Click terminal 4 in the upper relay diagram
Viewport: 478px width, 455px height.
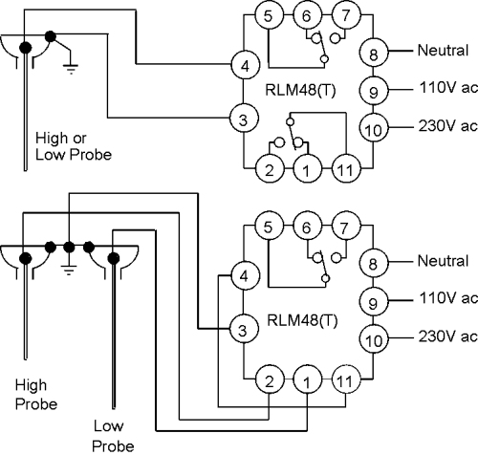point(245,65)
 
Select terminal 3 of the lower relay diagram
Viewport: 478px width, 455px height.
point(244,329)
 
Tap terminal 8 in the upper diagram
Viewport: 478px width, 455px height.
point(374,53)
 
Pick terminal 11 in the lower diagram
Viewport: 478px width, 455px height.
point(346,379)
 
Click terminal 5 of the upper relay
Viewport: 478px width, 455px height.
point(269,14)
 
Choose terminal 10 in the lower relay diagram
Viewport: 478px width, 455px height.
point(374,339)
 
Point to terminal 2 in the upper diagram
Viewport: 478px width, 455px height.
point(270,168)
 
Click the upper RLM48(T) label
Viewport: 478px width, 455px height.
point(300,90)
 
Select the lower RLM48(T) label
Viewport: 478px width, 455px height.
point(302,320)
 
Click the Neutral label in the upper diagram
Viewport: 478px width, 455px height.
point(443,51)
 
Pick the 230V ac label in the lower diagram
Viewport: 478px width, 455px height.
point(448,336)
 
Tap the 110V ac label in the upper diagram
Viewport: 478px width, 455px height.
point(448,87)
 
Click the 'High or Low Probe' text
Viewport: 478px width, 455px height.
point(74,146)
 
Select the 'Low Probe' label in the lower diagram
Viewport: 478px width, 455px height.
point(113,435)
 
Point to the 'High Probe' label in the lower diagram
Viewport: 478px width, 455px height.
point(36,394)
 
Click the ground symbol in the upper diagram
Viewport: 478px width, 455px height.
point(71,68)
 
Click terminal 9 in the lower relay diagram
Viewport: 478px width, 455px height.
point(374,302)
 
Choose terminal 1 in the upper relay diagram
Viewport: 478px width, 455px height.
point(307,168)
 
